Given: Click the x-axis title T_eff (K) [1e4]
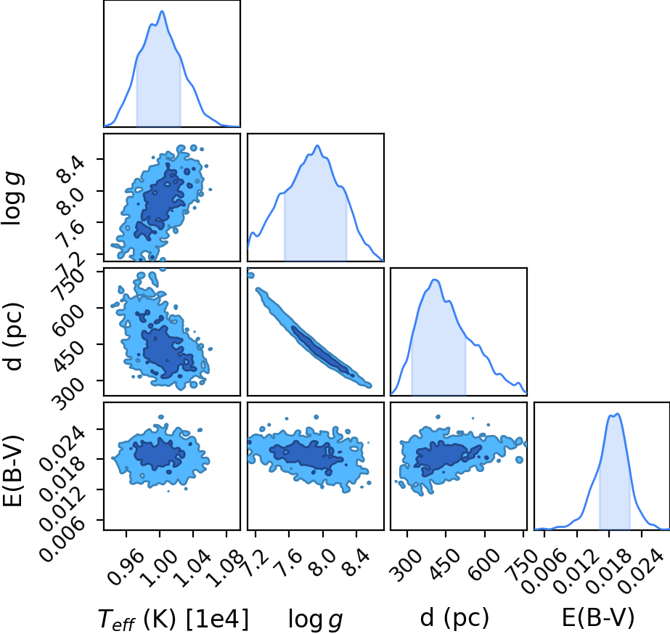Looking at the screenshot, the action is [x=173, y=619].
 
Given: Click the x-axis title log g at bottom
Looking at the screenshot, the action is [x=315, y=619].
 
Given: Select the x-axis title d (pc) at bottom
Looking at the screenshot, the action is [x=454, y=618].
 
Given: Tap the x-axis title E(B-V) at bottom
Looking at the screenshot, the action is [x=598, y=618].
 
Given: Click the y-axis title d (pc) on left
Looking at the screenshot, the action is [x=13, y=336].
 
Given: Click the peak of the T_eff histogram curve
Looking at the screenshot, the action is [x=162, y=11].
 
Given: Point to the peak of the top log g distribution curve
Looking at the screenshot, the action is [x=317, y=145].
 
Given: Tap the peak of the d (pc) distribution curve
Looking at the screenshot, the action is [x=435, y=280].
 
